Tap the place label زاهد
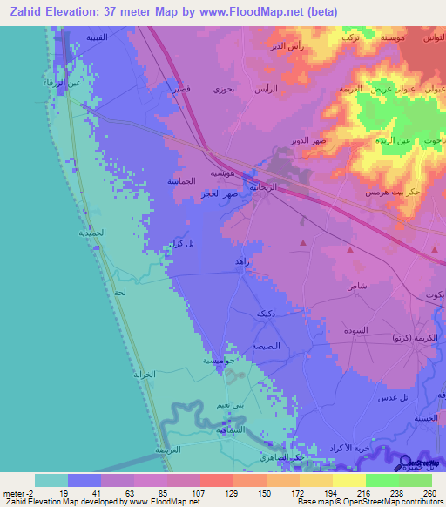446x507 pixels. pyautogui.click(x=243, y=260)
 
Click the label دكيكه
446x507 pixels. pyautogui.click(x=267, y=313)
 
